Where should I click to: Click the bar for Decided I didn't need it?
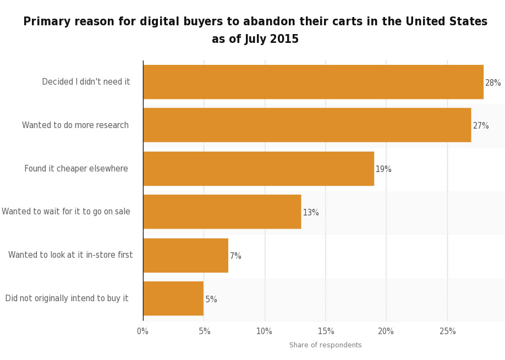tap(313, 82)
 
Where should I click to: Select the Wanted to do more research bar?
tap(307, 125)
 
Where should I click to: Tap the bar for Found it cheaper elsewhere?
tap(259, 169)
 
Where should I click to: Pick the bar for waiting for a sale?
tap(222, 212)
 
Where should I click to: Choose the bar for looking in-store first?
tap(185, 255)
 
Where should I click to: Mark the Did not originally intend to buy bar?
tap(173, 298)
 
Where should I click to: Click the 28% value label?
tap(493, 83)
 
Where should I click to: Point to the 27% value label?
tap(481, 126)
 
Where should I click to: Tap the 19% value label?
tap(383, 169)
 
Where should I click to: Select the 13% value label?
tap(311, 213)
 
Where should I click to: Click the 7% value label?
tap(235, 256)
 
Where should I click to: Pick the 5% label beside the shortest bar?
tap(211, 300)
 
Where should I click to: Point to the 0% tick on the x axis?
tap(142, 331)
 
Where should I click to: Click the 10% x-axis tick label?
tap(264, 331)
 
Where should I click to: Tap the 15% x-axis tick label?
tap(326, 331)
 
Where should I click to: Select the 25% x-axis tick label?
tap(447, 331)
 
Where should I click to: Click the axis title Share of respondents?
tap(326, 345)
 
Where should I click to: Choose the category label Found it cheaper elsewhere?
tap(76, 169)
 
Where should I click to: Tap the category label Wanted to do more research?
tap(75, 125)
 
